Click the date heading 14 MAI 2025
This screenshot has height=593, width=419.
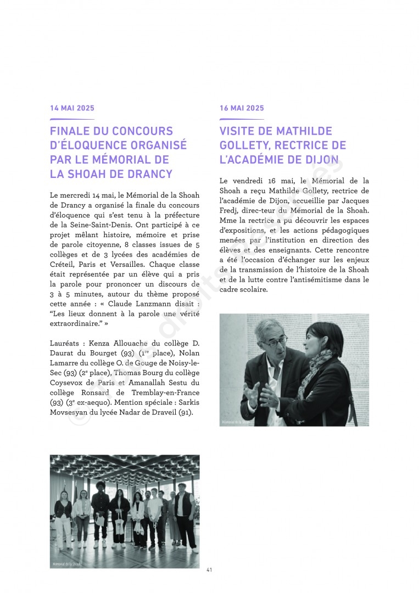click(x=72, y=108)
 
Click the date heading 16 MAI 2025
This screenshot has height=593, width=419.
click(x=242, y=108)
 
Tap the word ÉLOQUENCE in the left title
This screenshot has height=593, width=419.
click(x=94, y=146)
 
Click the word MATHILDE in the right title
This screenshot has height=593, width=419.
click(x=304, y=131)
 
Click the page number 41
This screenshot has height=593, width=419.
click(x=209, y=569)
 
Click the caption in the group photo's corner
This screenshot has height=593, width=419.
click(x=66, y=564)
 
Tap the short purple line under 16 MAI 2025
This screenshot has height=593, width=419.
click(x=242, y=119)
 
